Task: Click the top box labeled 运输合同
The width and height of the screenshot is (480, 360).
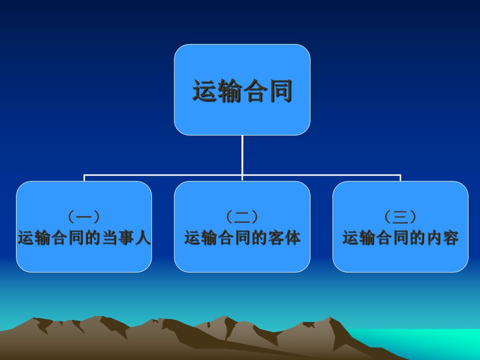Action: click(242, 89)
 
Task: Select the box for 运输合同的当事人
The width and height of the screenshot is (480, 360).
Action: click(84, 226)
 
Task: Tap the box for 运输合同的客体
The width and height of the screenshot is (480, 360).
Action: click(242, 226)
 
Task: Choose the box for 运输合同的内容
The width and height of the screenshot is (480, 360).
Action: click(400, 226)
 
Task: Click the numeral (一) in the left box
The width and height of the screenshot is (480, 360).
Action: click(84, 216)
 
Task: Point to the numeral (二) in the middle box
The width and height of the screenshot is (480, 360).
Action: click(242, 216)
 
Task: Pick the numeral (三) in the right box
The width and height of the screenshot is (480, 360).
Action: click(400, 216)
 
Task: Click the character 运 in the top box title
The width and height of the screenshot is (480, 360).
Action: click(205, 90)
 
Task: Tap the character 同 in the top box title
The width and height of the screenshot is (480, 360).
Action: click(280, 90)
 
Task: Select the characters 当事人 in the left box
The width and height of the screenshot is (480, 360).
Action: click(126, 237)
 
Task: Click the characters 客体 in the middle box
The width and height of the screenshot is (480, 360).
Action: click(284, 237)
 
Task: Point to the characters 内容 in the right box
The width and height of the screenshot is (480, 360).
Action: click(442, 237)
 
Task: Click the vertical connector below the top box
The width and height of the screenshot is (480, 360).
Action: click(242, 155)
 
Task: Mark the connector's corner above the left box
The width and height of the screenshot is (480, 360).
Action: click(84, 175)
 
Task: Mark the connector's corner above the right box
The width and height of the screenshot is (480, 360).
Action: click(400, 175)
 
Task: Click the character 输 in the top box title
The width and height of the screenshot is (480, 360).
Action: click(230, 90)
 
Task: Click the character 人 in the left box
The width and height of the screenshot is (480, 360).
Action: click(143, 237)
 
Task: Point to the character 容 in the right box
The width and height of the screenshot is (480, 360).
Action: click(451, 237)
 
